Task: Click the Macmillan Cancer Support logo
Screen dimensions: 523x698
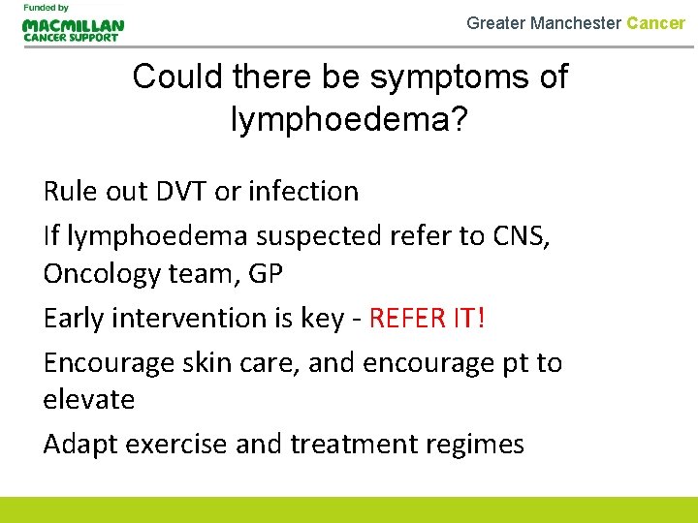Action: (74, 29)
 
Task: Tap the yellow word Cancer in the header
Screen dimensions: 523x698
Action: (655, 22)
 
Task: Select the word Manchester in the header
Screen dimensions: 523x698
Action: (576, 22)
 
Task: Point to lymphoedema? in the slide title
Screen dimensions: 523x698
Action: (349, 119)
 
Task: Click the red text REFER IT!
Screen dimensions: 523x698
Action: (428, 319)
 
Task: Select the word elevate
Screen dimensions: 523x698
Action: (89, 399)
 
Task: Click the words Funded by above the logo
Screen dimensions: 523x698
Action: (45, 8)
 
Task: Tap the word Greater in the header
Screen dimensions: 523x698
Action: (495, 22)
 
